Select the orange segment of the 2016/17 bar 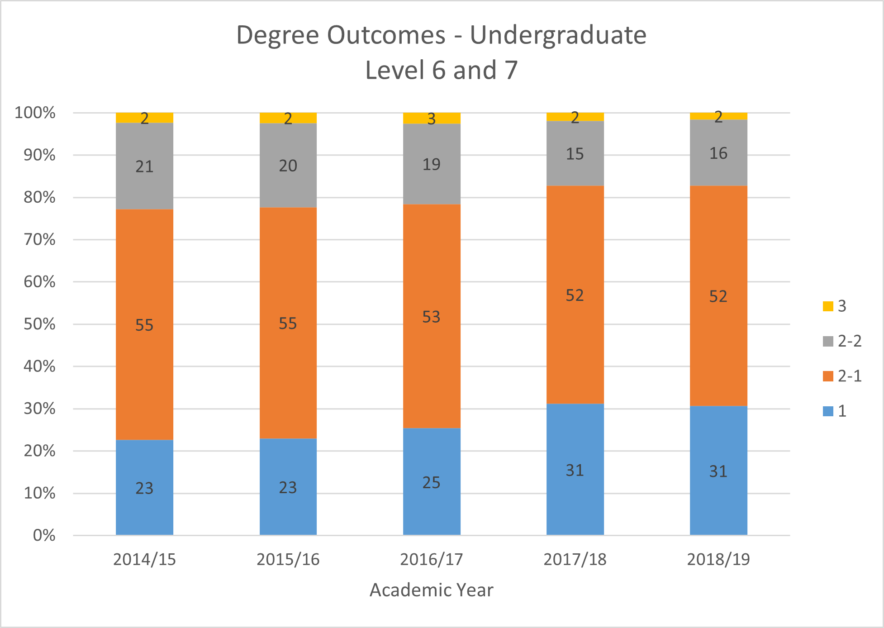coord(432,271)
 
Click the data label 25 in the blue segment coord(432,483)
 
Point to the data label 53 coord(432,317)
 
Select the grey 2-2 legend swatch coord(828,341)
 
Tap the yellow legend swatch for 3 coord(828,306)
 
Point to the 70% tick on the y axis coord(40,239)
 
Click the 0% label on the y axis coord(44,536)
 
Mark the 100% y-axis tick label coord(35,113)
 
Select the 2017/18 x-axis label coord(575,560)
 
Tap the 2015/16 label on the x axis coord(288,560)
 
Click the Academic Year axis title coord(432,590)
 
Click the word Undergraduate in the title coord(558,35)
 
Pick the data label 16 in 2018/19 coord(718,153)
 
